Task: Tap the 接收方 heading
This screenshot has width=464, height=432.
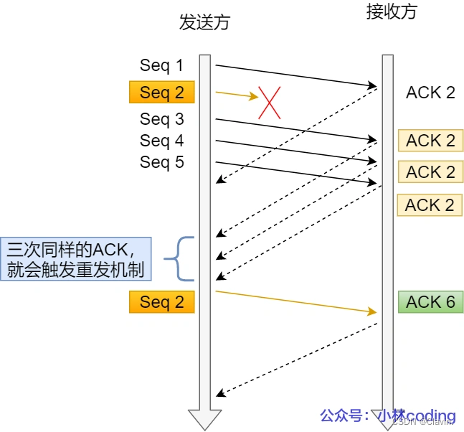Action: [x=390, y=13]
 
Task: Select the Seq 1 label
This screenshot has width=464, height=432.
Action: [x=161, y=66]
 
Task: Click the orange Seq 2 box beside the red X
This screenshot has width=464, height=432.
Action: [x=161, y=93]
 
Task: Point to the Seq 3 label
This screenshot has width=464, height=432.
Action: [x=161, y=119]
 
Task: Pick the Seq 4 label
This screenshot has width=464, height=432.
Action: [x=161, y=141]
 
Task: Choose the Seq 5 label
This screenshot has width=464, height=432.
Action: [x=161, y=163]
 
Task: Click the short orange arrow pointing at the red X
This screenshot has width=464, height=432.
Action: [x=235, y=94]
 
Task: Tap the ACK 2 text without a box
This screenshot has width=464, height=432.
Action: [x=430, y=93]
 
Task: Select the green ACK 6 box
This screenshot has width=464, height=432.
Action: [x=430, y=302]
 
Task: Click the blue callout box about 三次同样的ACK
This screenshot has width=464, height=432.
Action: [x=76, y=260]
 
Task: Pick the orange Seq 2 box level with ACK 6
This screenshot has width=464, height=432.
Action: [x=161, y=302]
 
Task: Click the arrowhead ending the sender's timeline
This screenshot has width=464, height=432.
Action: [x=204, y=419]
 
